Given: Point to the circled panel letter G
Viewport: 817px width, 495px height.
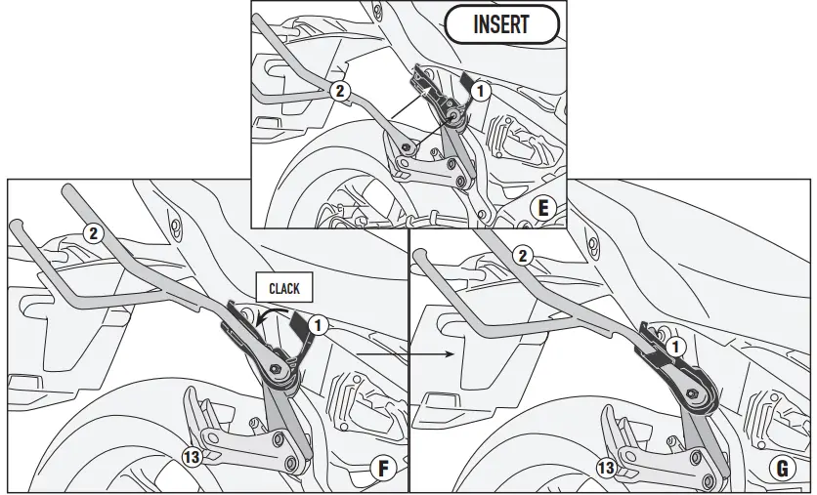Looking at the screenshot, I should point(782,469).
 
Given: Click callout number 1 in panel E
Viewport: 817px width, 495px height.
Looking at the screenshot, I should point(478,92).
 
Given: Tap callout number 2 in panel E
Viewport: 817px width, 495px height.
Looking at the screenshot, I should point(339,92).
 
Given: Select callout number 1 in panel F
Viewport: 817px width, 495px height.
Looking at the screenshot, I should point(318,324).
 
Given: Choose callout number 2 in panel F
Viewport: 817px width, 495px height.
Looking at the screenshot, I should point(92,232).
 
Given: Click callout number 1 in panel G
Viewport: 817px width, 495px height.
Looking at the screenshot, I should point(673,346).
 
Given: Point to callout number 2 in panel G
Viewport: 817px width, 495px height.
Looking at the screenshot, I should point(524,256).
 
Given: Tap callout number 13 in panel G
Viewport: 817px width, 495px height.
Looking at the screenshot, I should point(607,469).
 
